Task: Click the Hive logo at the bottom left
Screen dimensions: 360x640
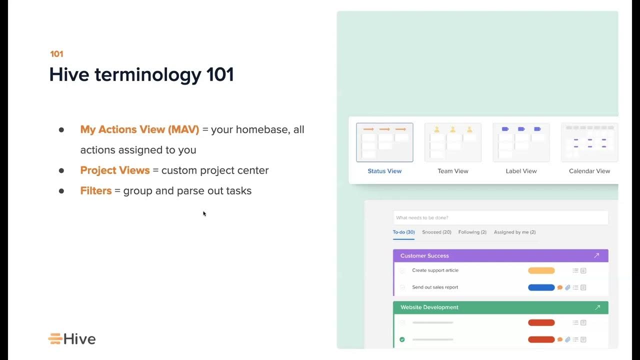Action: coord(71,339)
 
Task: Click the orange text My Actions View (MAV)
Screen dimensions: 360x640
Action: coord(139,129)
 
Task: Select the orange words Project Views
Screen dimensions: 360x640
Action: coord(115,170)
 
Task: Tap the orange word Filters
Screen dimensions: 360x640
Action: coord(95,191)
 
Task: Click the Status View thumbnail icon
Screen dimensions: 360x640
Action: coord(384,142)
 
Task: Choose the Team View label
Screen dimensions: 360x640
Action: coord(452,171)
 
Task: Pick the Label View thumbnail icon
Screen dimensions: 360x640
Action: coord(521,142)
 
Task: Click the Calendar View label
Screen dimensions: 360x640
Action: coord(589,171)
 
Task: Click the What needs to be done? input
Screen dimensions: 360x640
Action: coord(500,217)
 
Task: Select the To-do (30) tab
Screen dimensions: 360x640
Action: coord(403,232)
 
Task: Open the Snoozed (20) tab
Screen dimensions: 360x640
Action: coord(436,232)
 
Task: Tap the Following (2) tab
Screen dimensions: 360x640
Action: coord(472,232)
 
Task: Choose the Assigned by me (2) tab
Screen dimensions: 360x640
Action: coord(514,232)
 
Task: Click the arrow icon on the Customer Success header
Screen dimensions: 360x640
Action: coord(596,255)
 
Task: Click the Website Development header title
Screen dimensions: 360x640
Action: coord(429,307)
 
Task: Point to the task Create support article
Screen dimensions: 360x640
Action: coord(435,270)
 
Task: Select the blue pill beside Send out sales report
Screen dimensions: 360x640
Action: coord(541,287)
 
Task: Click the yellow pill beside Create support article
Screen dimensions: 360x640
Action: coord(541,270)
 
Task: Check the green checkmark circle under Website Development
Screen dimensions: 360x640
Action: coord(402,339)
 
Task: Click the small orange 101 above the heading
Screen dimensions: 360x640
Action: coord(56,54)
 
